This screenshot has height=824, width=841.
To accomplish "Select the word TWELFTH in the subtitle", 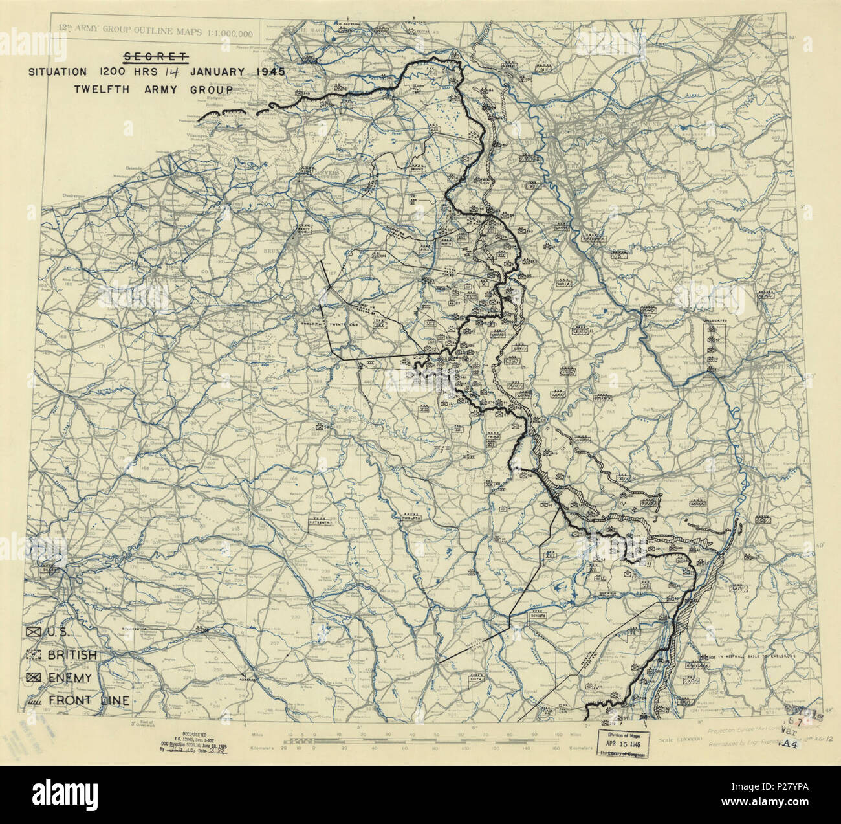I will [105, 89].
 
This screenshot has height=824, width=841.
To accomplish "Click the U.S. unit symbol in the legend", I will [34, 632].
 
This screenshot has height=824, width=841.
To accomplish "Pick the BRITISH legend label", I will [72, 655].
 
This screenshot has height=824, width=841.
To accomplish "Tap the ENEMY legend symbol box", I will [34, 678].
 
